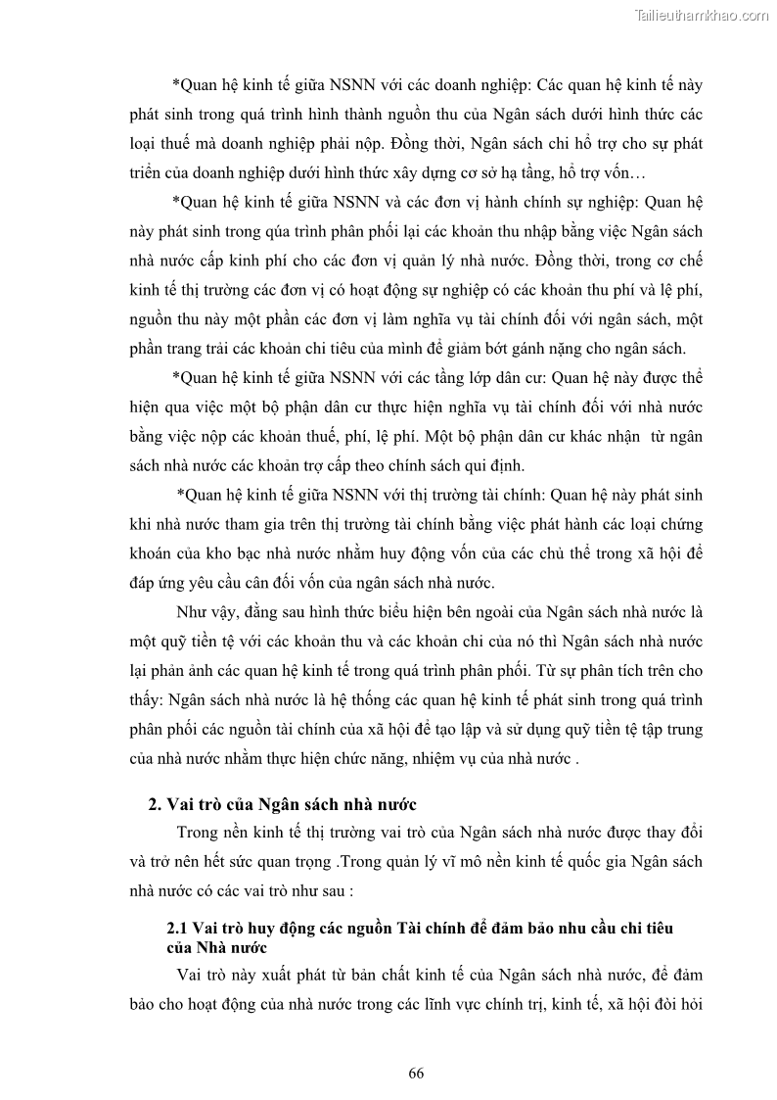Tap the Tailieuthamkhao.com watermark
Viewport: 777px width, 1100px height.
pos(702,15)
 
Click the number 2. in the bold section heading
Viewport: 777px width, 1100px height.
pos(155,805)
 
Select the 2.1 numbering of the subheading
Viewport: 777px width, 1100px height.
pos(177,928)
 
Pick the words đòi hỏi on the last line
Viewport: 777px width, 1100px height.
pos(674,1005)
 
